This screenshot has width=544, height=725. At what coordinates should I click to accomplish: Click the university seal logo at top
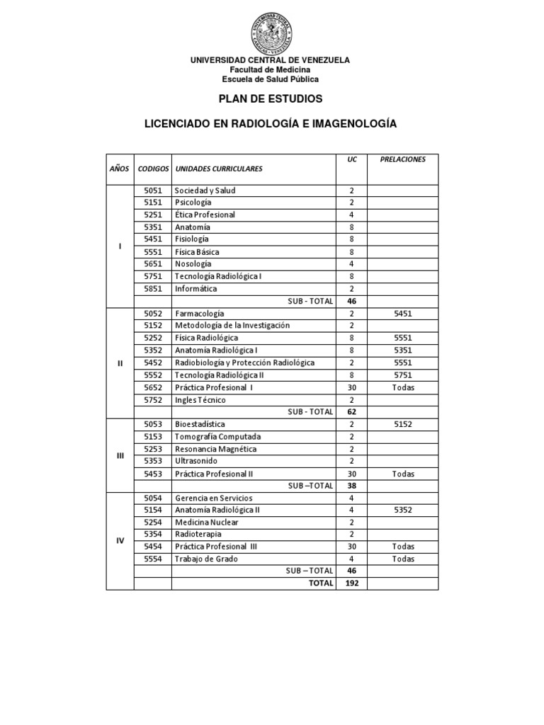coord(270,33)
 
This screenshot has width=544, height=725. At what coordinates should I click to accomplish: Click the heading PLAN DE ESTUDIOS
coord(270,98)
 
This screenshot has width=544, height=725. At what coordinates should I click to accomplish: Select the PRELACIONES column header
coord(402,160)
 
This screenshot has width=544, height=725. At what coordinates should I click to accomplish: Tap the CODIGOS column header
coord(153,169)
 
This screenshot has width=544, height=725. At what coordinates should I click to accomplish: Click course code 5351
coord(153,227)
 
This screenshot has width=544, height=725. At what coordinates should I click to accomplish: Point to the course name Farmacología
coord(199,313)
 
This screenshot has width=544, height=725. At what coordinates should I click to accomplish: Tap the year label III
coord(120,455)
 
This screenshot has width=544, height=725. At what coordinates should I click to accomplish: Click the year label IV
coord(120,540)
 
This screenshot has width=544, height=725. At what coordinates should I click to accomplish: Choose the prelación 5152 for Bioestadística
coord(402,424)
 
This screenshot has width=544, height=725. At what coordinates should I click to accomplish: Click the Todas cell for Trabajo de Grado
coord(402,559)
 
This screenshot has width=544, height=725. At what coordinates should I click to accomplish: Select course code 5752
coord(153,400)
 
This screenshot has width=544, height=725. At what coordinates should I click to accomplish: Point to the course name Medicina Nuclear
coord(206,523)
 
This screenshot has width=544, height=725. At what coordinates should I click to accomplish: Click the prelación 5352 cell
coord(402,510)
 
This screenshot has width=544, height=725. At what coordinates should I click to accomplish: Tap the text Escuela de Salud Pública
coord(270,80)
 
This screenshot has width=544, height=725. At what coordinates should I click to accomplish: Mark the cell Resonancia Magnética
coord(216,449)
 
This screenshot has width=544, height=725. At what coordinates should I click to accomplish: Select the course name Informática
coord(196,289)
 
